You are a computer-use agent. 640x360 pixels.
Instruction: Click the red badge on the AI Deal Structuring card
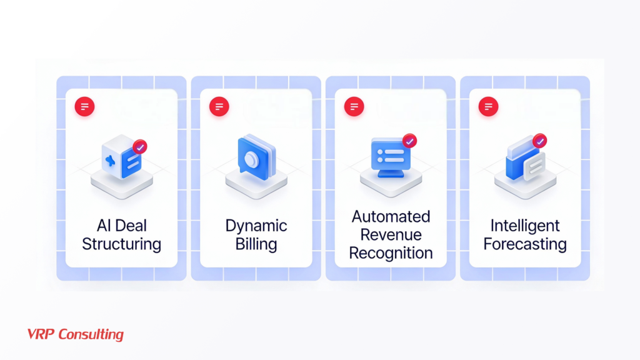(x=84, y=106)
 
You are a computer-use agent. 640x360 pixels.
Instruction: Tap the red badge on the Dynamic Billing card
(x=219, y=106)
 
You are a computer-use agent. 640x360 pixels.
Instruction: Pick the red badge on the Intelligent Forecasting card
(x=488, y=106)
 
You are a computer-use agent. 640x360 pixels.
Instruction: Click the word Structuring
(x=121, y=243)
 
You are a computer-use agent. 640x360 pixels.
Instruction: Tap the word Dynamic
(x=256, y=226)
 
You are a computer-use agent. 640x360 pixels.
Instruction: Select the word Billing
(x=256, y=243)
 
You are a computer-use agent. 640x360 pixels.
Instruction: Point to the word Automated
(x=391, y=217)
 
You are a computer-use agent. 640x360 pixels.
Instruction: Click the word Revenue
(x=391, y=235)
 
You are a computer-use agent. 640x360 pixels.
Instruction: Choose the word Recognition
(x=391, y=253)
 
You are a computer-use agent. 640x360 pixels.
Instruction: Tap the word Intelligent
(x=525, y=226)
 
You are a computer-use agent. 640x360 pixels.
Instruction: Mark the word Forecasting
(x=525, y=243)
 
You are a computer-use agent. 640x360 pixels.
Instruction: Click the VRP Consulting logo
(x=76, y=334)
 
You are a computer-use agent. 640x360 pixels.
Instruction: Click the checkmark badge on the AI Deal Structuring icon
(x=140, y=147)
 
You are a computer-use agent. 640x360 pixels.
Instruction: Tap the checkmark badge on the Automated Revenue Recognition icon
(x=409, y=141)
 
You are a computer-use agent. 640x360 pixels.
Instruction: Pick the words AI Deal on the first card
(x=121, y=226)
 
